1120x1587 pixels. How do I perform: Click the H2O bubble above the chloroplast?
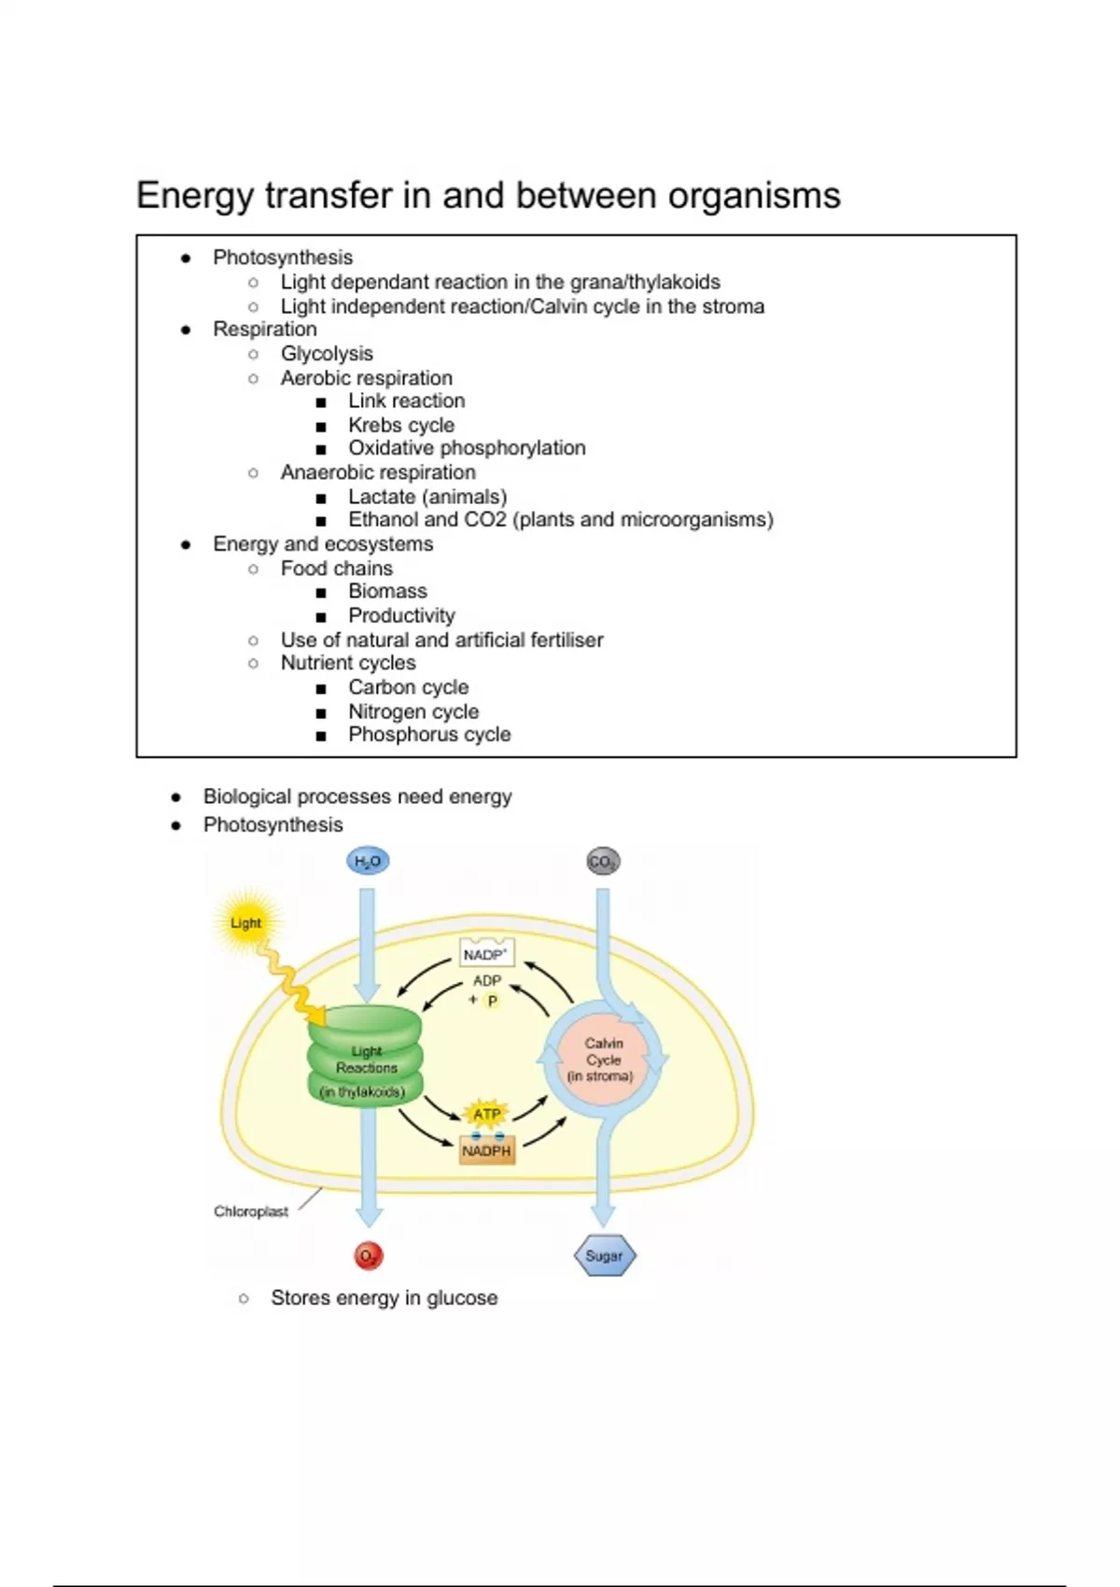tap(368, 861)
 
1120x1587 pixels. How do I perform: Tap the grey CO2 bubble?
tap(603, 862)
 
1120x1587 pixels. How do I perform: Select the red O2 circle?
tap(370, 1257)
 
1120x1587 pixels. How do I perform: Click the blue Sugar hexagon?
tap(605, 1257)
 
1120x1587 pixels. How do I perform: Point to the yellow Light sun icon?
tap(246, 923)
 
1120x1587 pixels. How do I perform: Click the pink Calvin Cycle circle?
tap(603, 1060)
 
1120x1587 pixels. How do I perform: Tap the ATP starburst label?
tap(487, 1114)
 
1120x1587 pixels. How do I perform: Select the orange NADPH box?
tap(487, 1151)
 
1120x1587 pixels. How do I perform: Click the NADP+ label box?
tap(486, 954)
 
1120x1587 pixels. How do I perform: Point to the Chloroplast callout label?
tap(251, 1212)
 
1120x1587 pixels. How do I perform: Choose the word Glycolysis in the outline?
tap(327, 354)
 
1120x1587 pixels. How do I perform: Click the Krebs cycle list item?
tap(401, 425)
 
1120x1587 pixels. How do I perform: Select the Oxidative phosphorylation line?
tap(467, 448)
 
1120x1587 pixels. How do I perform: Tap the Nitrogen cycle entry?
tap(413, 711)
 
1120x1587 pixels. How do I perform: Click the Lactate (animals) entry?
tap(427, 497)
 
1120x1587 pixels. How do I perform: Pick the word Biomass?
tap(387, 591)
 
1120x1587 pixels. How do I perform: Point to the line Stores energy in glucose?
tap(384, 1298)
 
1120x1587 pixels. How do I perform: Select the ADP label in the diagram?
tap(487, 980)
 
